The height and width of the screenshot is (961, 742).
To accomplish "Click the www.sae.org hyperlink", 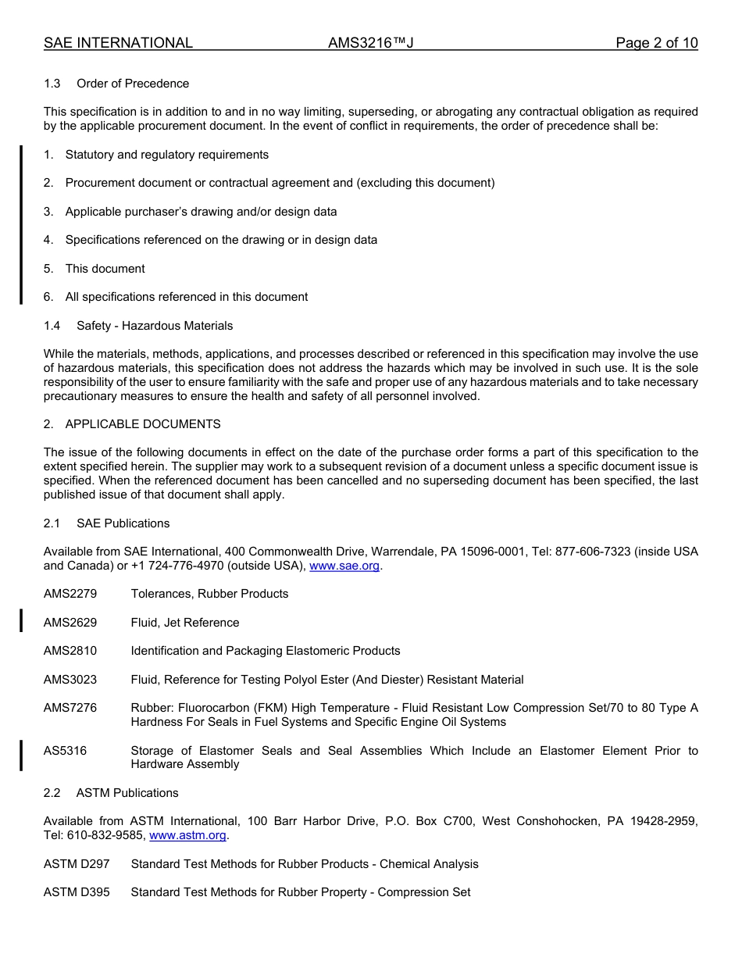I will (344, 566).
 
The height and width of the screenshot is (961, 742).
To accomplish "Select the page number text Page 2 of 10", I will (656, 43).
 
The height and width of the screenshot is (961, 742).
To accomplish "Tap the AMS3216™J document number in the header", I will (370, 43).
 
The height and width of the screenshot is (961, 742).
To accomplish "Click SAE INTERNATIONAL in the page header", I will (118, 43).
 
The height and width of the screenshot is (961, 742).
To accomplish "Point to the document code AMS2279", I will (70, 594).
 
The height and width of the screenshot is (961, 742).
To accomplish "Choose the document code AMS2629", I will (70, 623).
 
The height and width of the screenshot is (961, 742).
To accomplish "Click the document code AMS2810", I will (70, 651).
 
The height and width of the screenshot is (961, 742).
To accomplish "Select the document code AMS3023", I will (70, 680).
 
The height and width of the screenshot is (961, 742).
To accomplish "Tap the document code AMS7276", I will (70, 708).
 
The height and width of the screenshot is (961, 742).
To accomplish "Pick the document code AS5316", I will (66, 751).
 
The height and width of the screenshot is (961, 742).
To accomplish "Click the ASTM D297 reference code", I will (77, 864).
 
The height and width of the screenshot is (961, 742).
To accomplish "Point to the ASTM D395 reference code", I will (77, 892).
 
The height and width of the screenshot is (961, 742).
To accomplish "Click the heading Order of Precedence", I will (133, 84).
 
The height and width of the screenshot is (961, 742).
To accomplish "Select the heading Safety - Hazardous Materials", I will (155, 326).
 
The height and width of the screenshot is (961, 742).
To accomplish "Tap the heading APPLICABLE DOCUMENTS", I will (143, 424).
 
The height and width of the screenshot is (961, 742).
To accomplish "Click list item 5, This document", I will (105, 269).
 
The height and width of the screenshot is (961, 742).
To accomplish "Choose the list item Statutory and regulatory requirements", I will (166, 155).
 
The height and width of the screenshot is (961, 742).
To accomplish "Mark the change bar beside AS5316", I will (21, 756).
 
